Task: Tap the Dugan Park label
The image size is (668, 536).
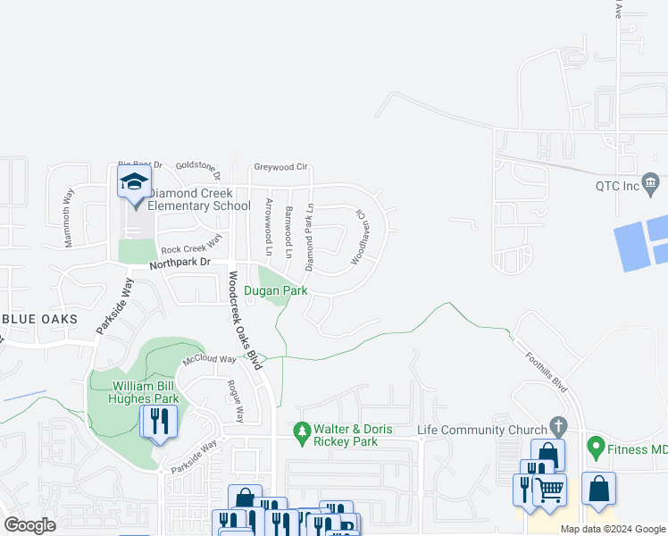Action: click(x=276, y=291)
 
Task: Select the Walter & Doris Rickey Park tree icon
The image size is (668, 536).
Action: click(x=303, y=431)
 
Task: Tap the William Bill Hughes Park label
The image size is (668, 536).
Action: click(x=145, y=392)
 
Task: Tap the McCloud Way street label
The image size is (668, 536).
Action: click(x=209, y=360)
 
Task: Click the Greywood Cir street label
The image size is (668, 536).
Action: click(x=280, y=166)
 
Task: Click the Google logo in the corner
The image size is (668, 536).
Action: click(x=29, y=525)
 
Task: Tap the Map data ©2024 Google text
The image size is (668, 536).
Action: click(x=612, y=529)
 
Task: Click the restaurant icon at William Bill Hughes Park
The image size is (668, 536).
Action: click(x=159, y=420)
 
